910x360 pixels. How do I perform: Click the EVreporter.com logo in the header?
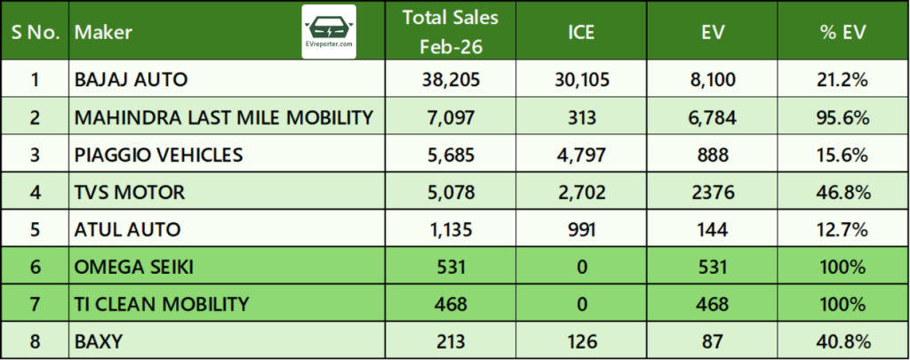pyautogui.click(x=329, y=32)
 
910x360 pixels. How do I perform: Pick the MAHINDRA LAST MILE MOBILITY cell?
pyautogui.click(x=224, y=117)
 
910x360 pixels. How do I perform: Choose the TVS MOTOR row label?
pyautogui.click(x=130, y=192)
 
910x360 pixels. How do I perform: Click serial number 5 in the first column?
pyautogui.click(x=35, y=229)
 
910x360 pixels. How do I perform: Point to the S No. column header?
pyautogui.click(x=35, y=33)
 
